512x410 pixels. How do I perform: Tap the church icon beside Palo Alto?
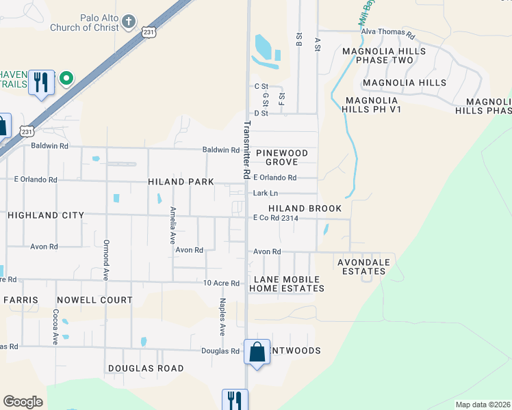tap(128, 23)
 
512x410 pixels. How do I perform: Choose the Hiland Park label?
tap(181, 182)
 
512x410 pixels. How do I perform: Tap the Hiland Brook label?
tap(305, 208)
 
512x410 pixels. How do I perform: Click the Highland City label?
tap(46, 215)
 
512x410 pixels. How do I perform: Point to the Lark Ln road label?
tap(265, 194)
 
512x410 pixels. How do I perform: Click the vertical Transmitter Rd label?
tap(246, 150)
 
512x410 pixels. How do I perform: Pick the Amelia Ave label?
tap(173, 225)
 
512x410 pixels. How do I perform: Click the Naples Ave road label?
tap(222, 316)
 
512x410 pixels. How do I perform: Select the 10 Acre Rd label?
tap(222, 283)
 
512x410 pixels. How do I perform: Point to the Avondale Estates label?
tap(363, 266)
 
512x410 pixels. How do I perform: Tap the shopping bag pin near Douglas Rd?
tap(257, 353)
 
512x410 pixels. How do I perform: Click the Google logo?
tap(23, 402)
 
